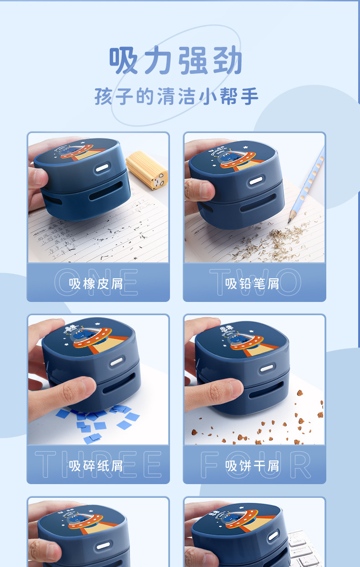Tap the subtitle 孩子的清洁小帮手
176,97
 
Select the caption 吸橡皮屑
96,284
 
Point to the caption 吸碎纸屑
96,466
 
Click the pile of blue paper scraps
98,421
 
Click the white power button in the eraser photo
101,169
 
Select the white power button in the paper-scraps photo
117,362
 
